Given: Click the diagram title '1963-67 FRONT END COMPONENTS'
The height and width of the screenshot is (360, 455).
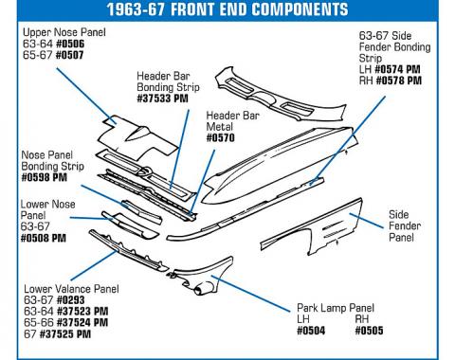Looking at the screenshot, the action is (227, 9).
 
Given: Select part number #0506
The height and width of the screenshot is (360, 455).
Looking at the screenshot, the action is (70, 44).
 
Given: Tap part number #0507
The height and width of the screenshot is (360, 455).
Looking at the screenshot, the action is (69, 55).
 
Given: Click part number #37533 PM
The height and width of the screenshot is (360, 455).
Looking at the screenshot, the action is (162, 99).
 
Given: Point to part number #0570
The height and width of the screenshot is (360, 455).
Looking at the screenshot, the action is (221, 137).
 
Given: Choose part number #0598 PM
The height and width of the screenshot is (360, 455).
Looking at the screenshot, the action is (45, 177).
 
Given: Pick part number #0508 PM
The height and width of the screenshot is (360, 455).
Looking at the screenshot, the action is (44, 238).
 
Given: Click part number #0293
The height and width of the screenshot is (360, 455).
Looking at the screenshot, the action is (71, 300).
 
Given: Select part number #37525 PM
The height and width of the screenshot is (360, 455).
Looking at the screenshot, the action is (65, 333).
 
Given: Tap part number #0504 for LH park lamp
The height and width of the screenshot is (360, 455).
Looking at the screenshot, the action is (311, 331).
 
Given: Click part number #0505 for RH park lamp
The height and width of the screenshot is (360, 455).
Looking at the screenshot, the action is (369, 331).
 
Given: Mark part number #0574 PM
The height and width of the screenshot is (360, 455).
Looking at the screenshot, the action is (397, 69).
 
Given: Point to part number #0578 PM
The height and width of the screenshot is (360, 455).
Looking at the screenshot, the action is (399, 81).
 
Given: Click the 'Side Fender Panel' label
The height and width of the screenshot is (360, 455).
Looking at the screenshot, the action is (405, 225).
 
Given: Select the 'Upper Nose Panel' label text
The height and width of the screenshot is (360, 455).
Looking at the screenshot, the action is (64, 32).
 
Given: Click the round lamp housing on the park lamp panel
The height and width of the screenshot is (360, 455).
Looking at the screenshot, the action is (203, 289).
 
